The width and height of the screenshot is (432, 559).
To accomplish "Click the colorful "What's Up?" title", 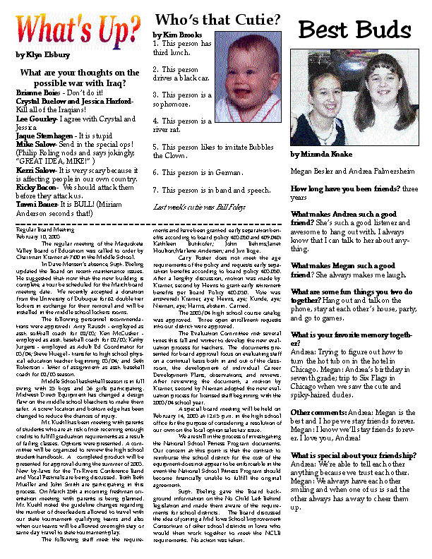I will (x=78, y=29).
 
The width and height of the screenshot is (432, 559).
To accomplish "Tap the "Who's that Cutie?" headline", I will (x=217, y=20).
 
